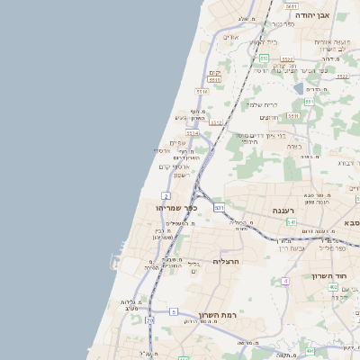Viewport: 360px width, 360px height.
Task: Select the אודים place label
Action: click(229, 37)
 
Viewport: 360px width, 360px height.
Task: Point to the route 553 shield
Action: click(308, 103)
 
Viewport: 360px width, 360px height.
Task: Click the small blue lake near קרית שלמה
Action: click(298, 88)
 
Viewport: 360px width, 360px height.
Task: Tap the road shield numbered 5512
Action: click(342, 76)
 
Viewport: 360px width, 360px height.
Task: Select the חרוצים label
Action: click(269, 117)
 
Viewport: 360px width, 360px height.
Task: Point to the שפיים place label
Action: click(176, 141)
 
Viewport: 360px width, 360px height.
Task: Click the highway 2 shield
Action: click(166, 195)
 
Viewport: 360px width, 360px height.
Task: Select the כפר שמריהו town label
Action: click(165, 208)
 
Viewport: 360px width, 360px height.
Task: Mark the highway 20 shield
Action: click(150, 319)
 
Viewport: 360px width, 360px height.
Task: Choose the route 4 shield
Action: click(285, 282)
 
